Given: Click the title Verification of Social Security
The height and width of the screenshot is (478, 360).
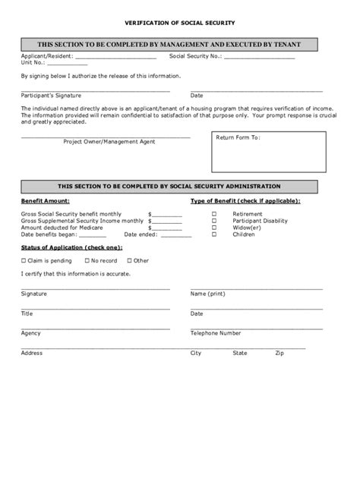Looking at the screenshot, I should point(179,24).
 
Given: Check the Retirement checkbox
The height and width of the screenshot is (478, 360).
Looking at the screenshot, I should point(213,214).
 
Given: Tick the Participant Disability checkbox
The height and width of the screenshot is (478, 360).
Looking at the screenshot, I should point(213,221).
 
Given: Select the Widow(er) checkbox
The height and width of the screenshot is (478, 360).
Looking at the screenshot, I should point(213,228).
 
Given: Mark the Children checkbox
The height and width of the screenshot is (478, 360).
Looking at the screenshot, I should point(213,234).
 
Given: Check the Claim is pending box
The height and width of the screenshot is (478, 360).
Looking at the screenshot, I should point(24,260).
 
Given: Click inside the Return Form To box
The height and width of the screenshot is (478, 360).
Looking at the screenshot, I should point(268,156).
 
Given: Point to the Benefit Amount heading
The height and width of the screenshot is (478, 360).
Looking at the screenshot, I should point(46,200).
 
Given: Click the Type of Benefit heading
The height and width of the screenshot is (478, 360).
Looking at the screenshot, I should point(245,200).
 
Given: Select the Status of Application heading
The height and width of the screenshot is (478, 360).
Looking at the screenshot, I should point(60,248).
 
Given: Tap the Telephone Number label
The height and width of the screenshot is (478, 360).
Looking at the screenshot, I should point(216,333).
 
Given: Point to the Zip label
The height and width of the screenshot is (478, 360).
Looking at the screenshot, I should point(279,353).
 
